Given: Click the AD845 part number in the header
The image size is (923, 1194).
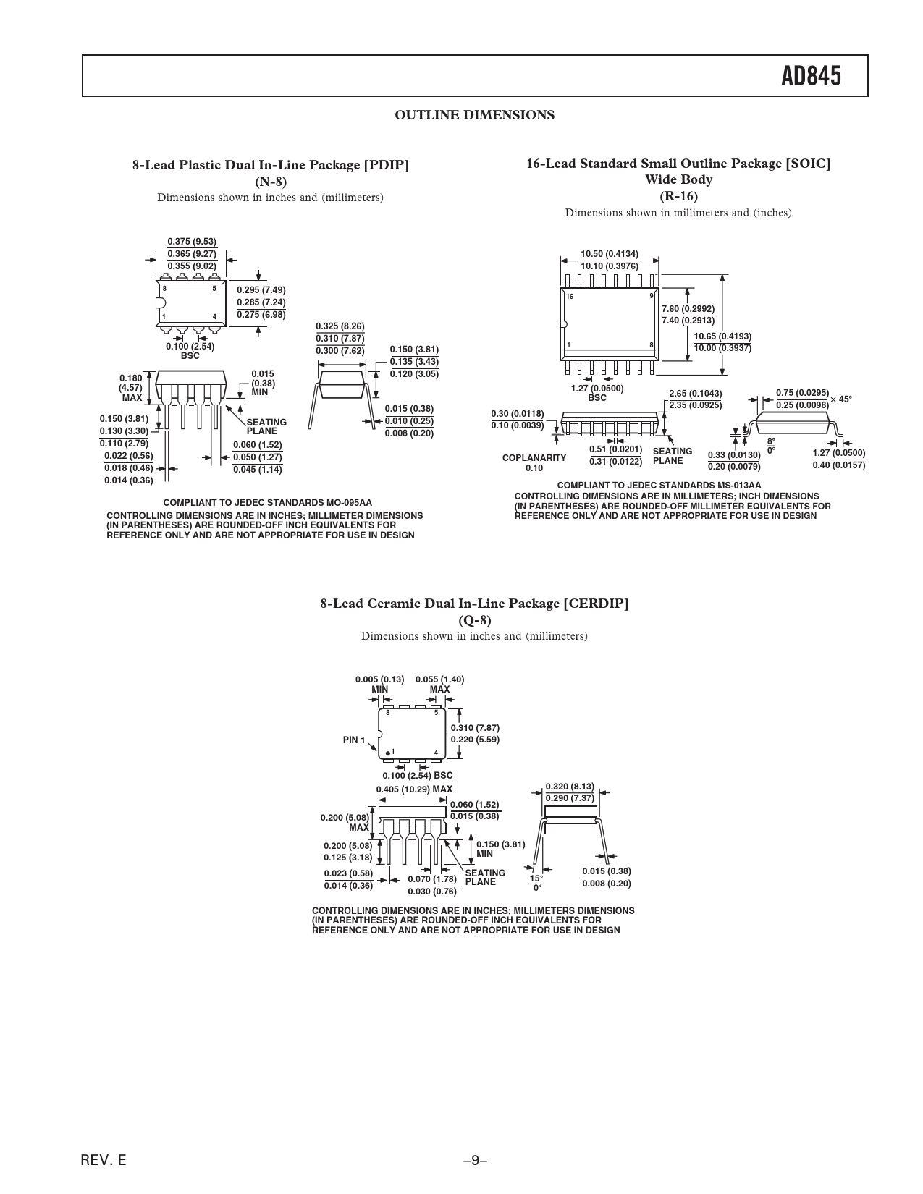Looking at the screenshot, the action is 811,77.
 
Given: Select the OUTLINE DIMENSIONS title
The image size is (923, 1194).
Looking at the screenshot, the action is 474,115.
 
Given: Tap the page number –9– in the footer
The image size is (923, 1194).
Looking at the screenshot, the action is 476,1160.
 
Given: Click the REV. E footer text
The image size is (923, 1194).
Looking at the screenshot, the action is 104,1160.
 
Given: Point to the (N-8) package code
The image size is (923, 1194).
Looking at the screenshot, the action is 271,182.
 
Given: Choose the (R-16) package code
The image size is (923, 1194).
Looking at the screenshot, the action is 678,195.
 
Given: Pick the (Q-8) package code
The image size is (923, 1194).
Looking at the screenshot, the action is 474,620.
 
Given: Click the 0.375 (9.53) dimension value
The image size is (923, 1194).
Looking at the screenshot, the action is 192,241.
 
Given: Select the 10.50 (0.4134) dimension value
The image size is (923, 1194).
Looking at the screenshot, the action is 610,254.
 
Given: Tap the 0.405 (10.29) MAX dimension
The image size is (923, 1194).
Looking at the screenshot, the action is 414,789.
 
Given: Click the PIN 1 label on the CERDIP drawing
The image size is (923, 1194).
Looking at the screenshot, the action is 354,740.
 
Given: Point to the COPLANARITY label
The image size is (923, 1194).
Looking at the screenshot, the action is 534,458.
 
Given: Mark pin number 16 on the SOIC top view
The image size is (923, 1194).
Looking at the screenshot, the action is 570,297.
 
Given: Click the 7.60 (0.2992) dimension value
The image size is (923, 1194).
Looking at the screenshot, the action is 688,309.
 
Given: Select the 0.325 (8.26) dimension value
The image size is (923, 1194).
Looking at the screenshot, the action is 340,326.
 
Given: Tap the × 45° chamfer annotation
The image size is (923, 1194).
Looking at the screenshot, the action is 841,399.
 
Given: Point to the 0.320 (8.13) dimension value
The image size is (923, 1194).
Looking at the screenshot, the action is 570,787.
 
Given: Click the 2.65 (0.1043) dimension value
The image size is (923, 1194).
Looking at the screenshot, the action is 696,394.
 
